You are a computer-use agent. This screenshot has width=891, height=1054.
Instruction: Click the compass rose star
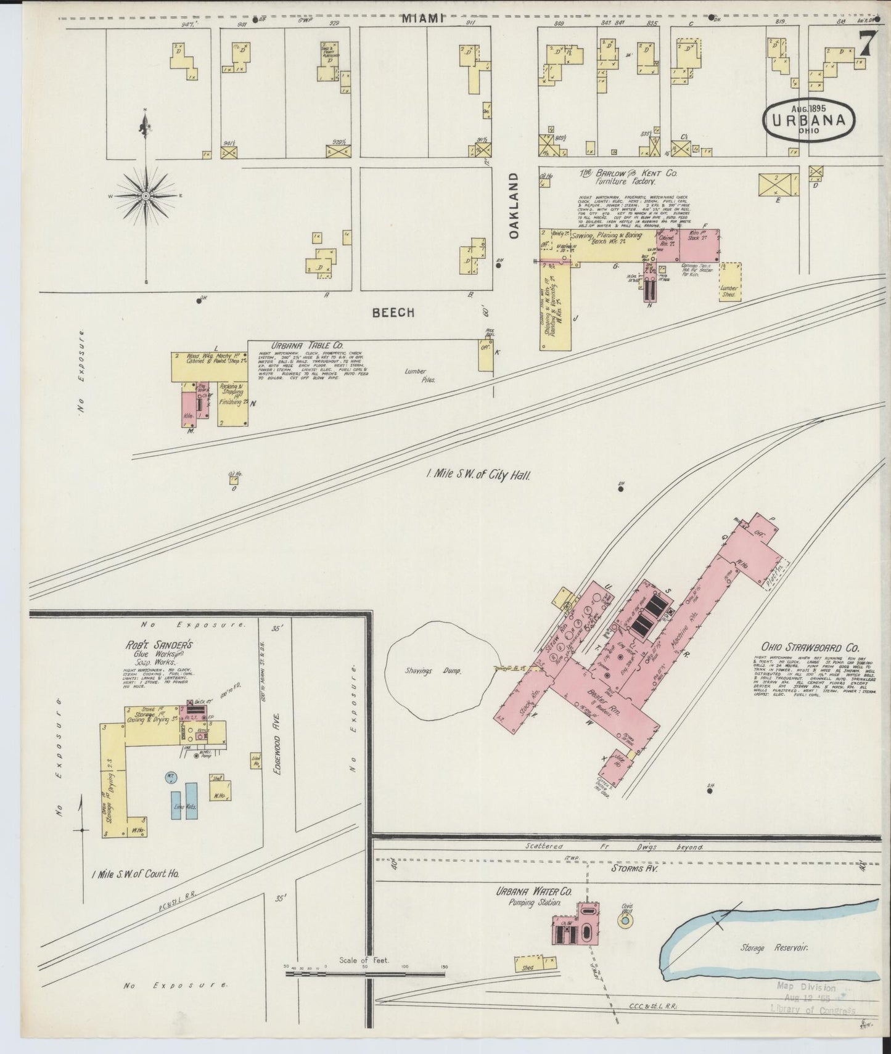(x=146, y=196)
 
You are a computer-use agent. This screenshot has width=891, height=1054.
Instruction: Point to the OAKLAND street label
(x=514, y=205)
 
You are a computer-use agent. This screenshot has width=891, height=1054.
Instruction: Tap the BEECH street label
(x=393, y=313)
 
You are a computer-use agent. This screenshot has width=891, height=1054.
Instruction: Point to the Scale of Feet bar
(x=365, y=991)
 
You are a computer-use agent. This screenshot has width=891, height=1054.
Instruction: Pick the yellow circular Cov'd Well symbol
(x=624, y=920)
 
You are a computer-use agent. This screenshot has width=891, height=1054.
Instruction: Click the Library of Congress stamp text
(x=812, y=1010)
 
